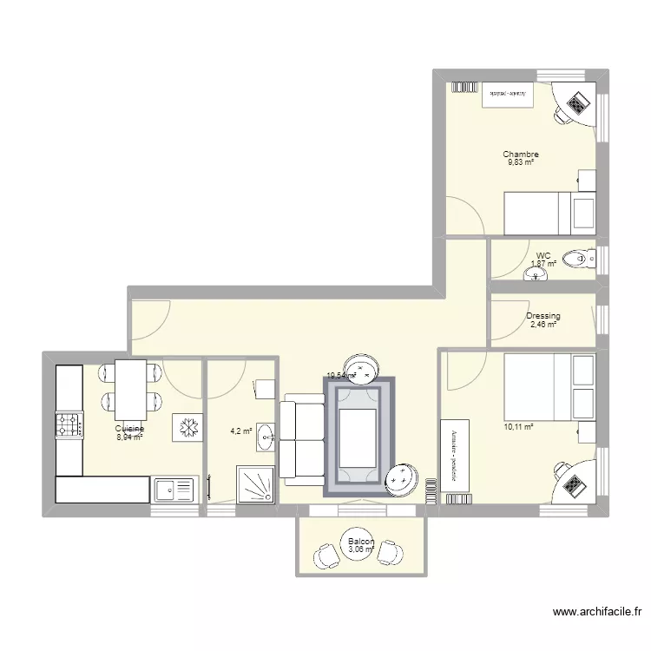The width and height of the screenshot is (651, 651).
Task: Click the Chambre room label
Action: [520, 155]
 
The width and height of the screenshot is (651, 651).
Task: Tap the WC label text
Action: [543, 255]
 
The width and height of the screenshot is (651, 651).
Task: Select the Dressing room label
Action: [543, 316]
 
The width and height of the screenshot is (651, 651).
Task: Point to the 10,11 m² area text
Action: [518, 427]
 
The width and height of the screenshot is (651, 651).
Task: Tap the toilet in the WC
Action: [577, 258]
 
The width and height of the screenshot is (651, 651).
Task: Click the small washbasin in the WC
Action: [536, 275]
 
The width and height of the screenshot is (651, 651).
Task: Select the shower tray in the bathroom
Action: [254, 484]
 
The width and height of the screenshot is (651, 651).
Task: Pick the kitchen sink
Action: [174, 490]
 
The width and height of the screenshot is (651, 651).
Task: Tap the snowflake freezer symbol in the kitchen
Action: [187, 426]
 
